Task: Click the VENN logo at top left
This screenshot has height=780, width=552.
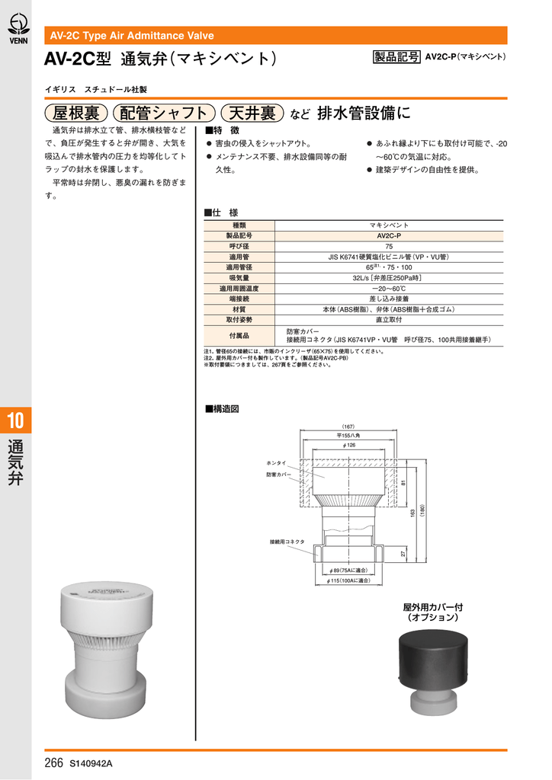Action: tap(16, 29)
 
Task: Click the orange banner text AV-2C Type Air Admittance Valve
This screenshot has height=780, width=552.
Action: tap(132, 36)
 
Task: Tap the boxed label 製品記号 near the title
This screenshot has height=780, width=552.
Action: tap(396, 57)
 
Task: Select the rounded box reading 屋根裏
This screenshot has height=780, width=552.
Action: tap(75, 113)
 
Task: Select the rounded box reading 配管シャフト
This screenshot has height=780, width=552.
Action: tap(164, 113)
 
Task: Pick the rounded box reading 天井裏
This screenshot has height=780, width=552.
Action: tap(252, 113)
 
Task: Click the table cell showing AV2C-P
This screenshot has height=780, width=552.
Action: tap(389, 236)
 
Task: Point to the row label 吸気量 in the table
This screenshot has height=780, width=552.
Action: tap(239, 279)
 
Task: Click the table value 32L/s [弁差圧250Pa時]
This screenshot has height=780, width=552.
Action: tap(389, 279)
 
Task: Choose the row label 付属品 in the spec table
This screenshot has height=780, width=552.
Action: tap(239, 335)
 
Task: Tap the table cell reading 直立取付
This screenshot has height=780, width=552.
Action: tap(389, 320)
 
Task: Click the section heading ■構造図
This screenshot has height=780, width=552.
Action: tap(222, 409)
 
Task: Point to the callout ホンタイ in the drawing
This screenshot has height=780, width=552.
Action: tap(276, 462)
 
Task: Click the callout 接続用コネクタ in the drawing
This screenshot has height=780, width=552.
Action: tap(287, 542)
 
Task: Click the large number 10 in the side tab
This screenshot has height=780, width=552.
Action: tap(16, 420)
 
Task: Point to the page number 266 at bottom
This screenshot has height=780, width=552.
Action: tap(53, 762)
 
